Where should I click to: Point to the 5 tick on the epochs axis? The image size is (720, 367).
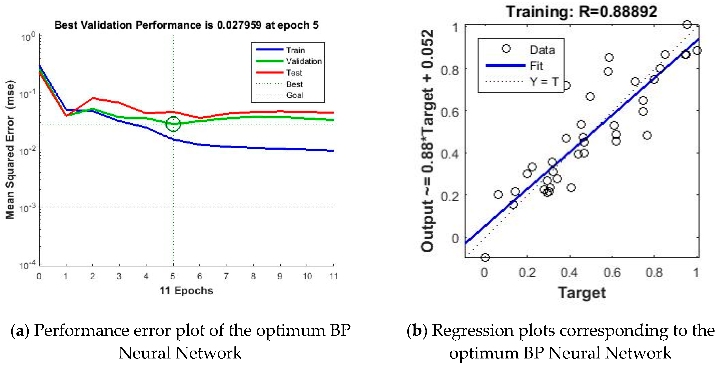coord(173,276)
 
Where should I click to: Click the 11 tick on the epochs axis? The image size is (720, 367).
coord(333,276)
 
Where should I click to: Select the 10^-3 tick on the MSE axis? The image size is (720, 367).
coord(28,208)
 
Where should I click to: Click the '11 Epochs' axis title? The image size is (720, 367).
coord(186,291)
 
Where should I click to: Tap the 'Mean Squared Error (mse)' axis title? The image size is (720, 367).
coord(10,150)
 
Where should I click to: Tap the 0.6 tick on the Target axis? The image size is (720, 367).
coord(611,272)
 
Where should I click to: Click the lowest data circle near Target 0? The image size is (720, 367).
coord(485,257)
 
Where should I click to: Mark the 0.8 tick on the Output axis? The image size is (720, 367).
coord(449,70)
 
